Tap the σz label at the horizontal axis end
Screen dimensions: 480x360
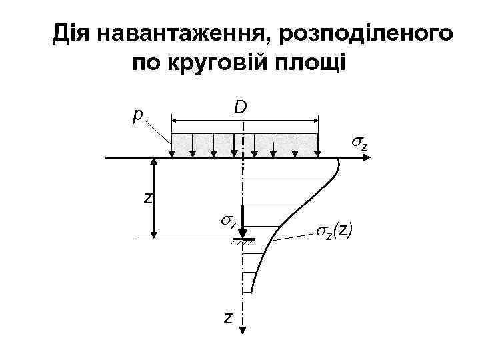pos(360,143)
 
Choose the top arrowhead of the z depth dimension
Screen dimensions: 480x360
pos(155,162)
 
